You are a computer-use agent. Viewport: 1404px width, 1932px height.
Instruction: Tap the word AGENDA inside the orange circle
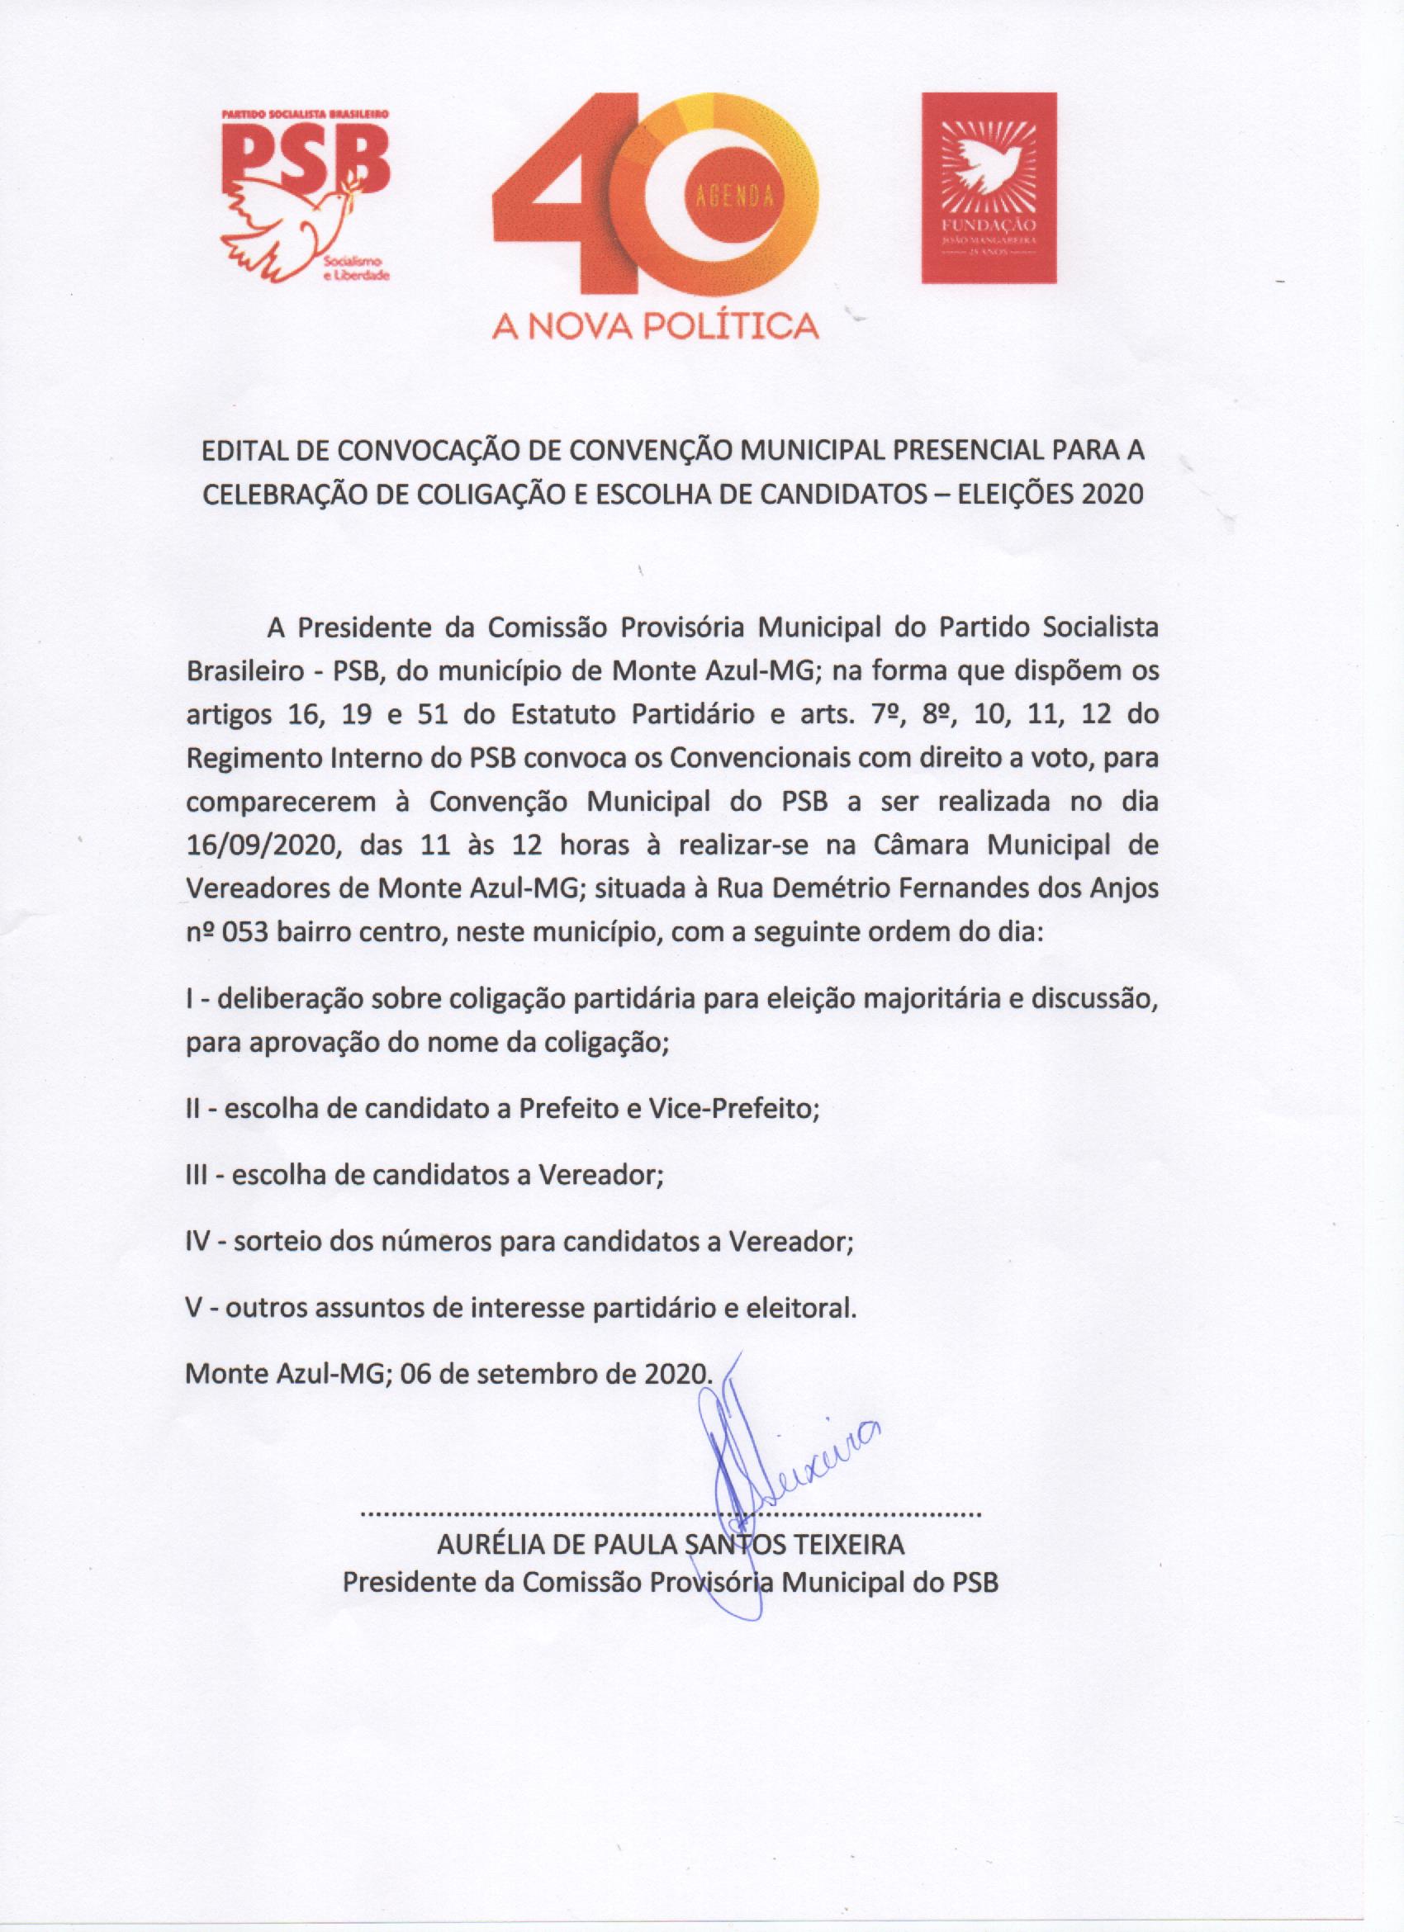point(734,196)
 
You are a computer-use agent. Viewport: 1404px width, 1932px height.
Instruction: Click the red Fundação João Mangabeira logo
point(989,187)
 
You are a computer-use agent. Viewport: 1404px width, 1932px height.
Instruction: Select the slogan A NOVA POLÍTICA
point(655,325)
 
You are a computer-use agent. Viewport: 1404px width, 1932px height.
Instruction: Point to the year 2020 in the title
point(1112,494)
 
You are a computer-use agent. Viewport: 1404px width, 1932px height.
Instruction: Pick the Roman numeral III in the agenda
point(199,1176)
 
